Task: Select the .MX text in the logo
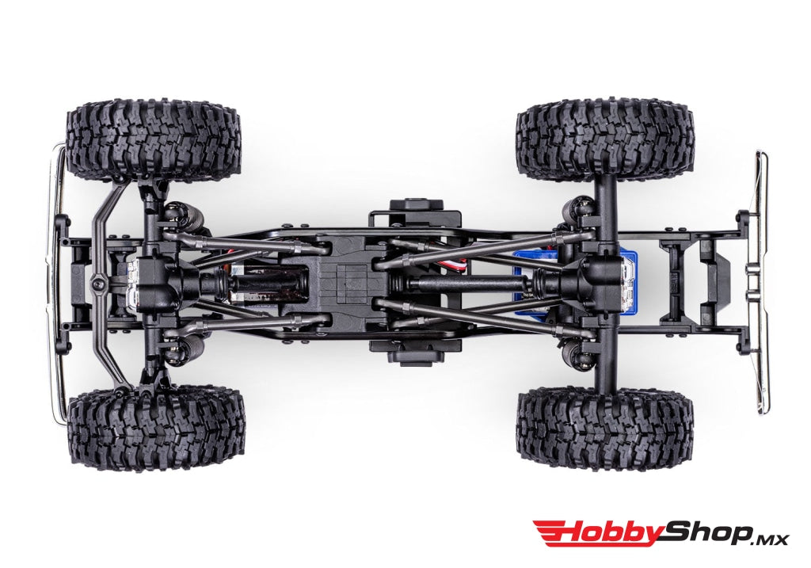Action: point(768,538)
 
